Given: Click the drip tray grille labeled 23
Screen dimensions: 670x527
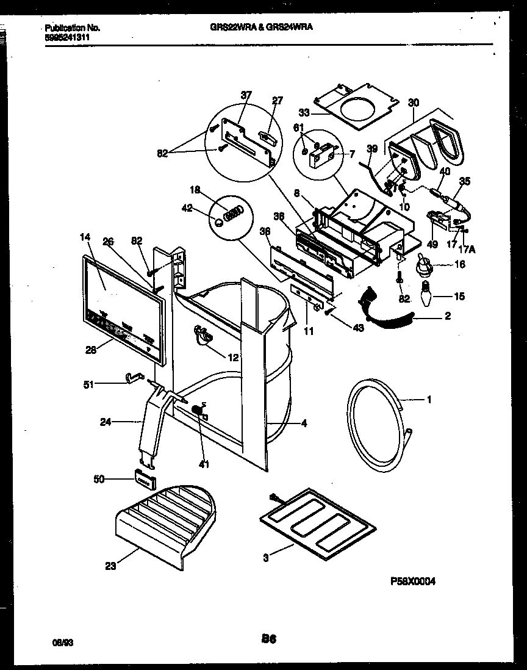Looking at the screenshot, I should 165,519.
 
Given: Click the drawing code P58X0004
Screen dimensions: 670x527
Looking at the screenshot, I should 412,582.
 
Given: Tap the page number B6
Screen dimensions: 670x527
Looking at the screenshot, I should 269,639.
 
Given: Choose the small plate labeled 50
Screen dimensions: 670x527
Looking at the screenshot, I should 143,479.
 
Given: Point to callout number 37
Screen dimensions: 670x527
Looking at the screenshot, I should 246,95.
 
